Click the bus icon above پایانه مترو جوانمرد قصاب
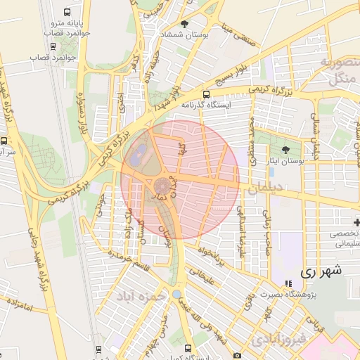[66, 13]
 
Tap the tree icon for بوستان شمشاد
[184, 24]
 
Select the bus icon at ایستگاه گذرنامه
[205, 94]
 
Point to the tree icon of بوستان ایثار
[285, 150]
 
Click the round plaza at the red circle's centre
[162, 186]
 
